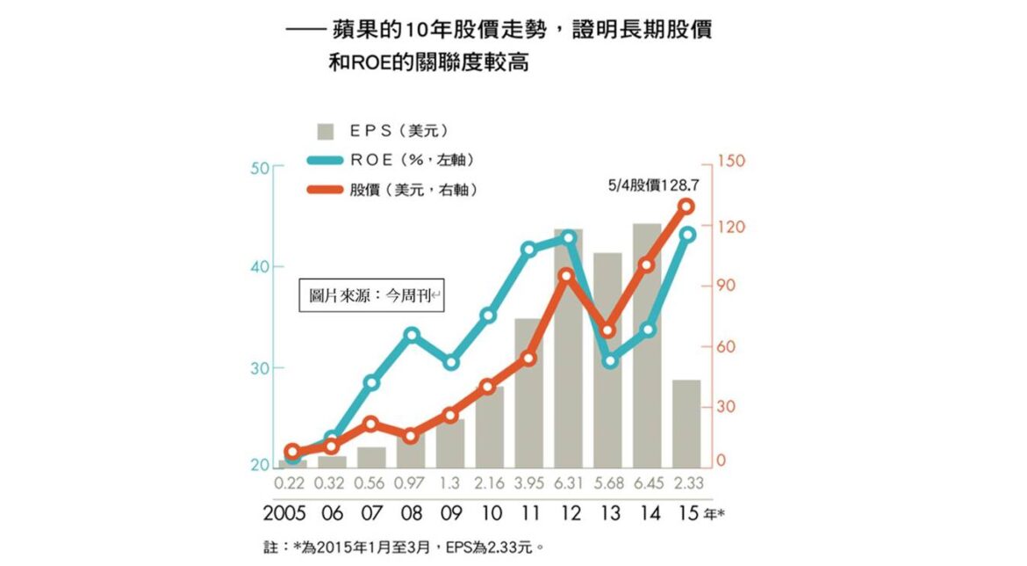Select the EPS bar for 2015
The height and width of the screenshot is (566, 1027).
pos(686,423)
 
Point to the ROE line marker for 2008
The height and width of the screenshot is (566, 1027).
pos(411,335)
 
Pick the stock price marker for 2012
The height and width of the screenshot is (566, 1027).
pos(568,276)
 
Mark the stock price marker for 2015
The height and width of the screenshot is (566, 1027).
pos(686,207)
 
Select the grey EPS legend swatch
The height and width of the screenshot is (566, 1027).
pos(327,131)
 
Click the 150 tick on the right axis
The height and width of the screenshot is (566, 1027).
pos(729,161)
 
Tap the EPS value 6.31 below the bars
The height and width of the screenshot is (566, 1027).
pos(569,483)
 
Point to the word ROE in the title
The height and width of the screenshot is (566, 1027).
pos(375,63)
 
